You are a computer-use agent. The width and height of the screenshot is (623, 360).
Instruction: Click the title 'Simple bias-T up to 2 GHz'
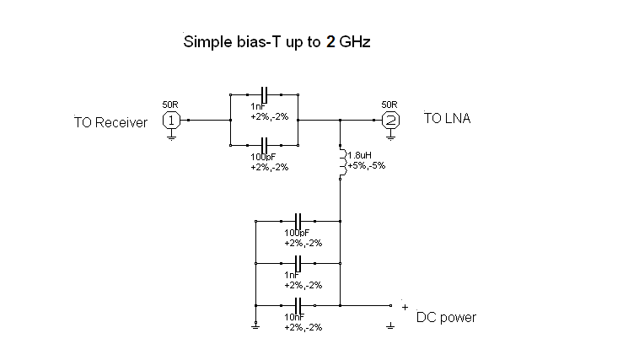[x=277, y=41]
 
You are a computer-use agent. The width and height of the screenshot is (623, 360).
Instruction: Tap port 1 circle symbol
[x=171, y=120]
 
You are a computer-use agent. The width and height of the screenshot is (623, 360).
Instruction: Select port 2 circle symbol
[x=389, y=120]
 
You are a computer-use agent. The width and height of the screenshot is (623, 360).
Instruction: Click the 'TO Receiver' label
[x=110, y=122]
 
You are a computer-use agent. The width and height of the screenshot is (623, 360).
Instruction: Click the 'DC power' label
[x=446, y=318]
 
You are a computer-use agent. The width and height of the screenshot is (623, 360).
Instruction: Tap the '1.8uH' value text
[x=359, y=156]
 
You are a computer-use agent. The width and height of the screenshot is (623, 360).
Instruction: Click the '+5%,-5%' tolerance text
[x=366, y=166]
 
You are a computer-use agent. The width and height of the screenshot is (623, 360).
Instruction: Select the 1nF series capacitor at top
[x=265, y=94]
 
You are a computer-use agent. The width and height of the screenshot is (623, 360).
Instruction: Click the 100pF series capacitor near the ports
[x=265, y=143]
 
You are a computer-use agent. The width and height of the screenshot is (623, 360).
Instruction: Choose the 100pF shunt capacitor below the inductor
[x=298, y=221]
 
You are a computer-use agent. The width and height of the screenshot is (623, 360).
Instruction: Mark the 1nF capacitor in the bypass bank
[x=298, y=262]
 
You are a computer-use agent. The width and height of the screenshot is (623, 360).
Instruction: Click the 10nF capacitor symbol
[x=298, y=304]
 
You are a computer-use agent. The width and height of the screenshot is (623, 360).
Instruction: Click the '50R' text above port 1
[x=170, y=105]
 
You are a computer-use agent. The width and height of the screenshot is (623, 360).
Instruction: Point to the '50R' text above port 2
[x=389, y=105]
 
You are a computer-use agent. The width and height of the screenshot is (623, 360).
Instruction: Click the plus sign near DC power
[x=405, y=307]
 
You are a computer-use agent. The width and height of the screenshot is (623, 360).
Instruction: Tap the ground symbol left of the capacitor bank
[x=255, y=325]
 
